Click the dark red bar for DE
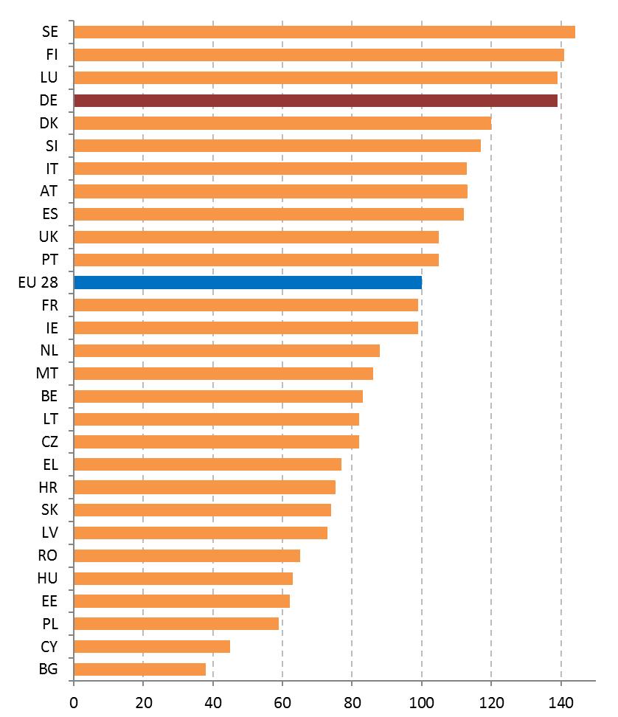(x=316, y=100)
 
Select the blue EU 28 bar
(x=248, y=282)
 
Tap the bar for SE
(x=324, y=32)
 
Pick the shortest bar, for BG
(x=140, y=669)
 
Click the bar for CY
(x=152, y=646)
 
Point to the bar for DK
(x=282, y=123)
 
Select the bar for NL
(x=227, y=350)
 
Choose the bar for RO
(x=187, y=555)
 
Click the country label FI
(x=52, y=55)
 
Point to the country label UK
(x=49, y=237)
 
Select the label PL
(x=50, y=624)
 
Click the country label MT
(x=47, y=373)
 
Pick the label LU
(x=50, y=77)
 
